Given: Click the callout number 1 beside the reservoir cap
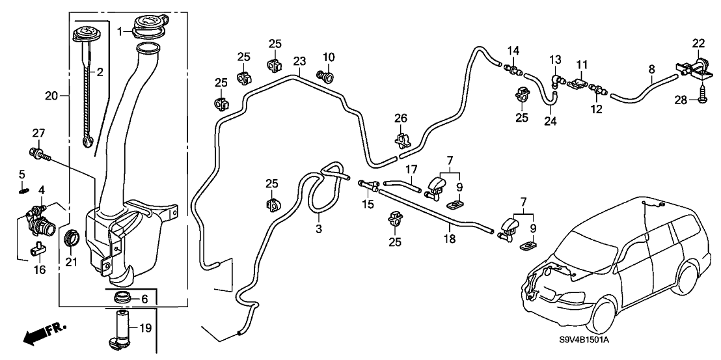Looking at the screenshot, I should point(120,30).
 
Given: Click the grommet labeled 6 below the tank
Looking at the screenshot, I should point(122,299).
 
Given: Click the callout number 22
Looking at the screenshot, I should point(698,44).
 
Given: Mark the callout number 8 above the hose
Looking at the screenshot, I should point(652,67).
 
